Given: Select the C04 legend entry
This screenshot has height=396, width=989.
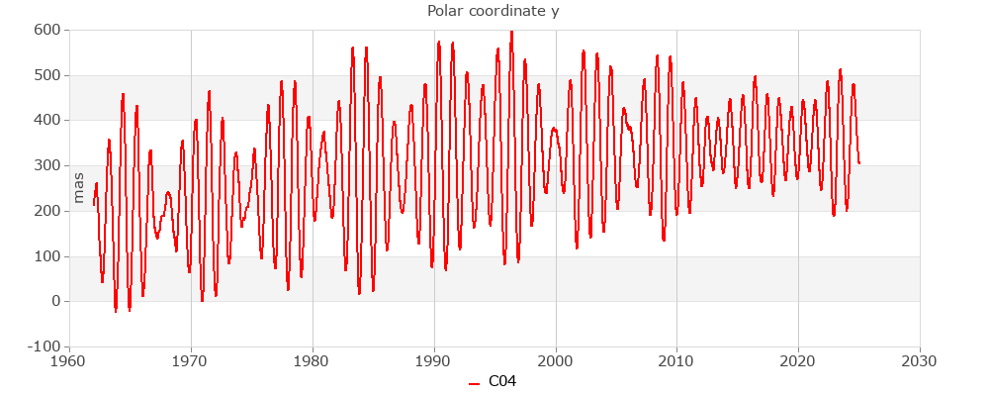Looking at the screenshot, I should (x=493, y=381).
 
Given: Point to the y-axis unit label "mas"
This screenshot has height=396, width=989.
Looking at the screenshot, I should (x=79, y=186).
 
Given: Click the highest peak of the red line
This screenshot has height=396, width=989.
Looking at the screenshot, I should (x=511, y=32).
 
